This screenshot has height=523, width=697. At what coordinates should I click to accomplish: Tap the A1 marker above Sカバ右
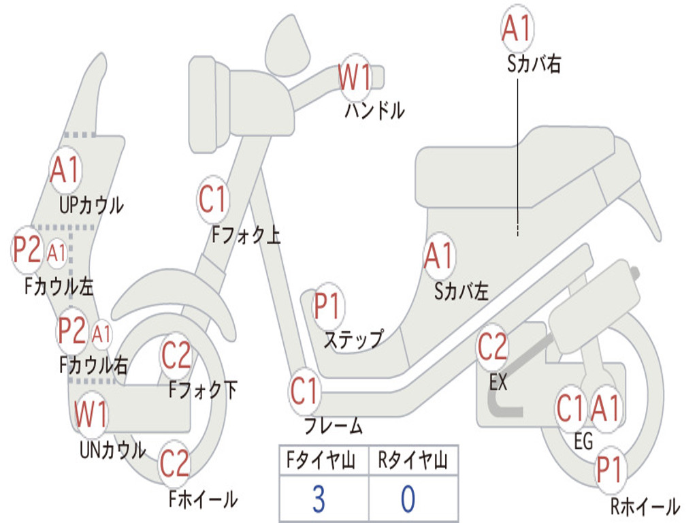click(517, 27)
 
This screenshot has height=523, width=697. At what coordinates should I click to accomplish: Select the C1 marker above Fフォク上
click(212, 199)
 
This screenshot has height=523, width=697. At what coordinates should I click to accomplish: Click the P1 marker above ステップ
click(327, 306)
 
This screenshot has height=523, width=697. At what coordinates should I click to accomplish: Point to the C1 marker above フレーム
click(304, 391)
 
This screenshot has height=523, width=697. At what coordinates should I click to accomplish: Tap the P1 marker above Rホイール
click(609, 470)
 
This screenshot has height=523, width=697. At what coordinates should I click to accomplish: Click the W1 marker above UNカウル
click(91, 414)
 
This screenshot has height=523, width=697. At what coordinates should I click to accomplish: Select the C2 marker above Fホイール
click(175, 463)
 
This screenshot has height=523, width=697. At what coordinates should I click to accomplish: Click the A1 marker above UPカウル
click(65, 170)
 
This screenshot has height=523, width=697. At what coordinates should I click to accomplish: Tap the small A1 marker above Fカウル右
click(101, 334)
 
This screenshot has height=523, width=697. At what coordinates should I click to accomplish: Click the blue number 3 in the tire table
click(319, 499)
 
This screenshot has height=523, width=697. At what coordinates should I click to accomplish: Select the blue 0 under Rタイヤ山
click(408, 499)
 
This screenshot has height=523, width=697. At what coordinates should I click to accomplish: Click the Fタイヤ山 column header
click(321, 460)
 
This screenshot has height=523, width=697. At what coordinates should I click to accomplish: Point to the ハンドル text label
click(375, 110)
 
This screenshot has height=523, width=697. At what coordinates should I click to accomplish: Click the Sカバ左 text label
click(461, 291)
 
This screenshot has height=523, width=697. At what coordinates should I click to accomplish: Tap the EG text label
click(583, 441)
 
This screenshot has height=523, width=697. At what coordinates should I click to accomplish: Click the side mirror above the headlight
click(288, 45)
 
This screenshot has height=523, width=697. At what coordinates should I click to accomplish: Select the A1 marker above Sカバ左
click(439, 257)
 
